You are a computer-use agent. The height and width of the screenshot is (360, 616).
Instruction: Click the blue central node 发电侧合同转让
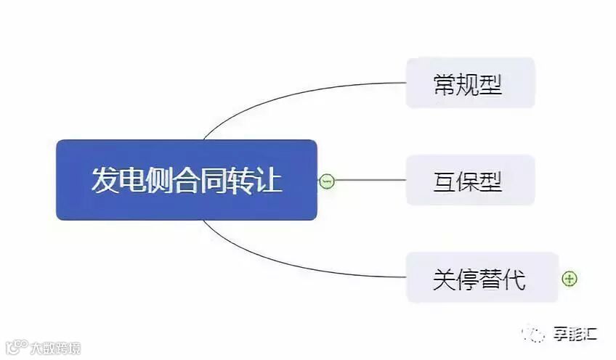click(x=187, y=180)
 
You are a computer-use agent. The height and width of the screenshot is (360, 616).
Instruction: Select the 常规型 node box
click(x=470, y=83)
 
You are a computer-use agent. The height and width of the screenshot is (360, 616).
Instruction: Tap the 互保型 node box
click(x=470, y=180)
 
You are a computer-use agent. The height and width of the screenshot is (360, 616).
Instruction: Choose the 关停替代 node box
click(x=482, y=277)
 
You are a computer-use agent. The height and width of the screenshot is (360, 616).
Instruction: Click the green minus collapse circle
click(x=327, y=181)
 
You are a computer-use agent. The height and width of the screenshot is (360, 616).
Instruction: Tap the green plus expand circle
click(x=570, y=278)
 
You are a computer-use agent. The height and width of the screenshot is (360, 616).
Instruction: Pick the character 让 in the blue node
click(x=269, y=180)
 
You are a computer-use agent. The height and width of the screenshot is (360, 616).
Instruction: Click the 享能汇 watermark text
click(x=573, y=335)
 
